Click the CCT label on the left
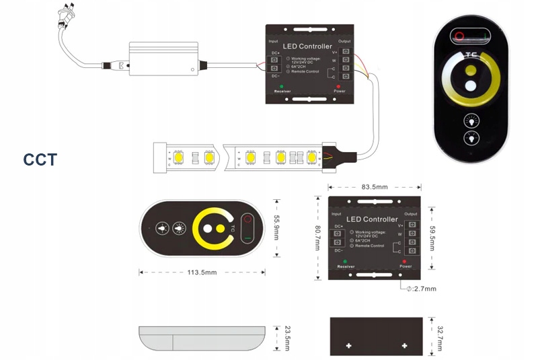tap(40, 160)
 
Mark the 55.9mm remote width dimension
tap(276, 227)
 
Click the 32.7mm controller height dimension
tap(439, 336)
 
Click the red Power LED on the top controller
tap(338, 86)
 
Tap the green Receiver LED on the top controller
tap(282, 86)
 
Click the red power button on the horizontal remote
tap(247, 220)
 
